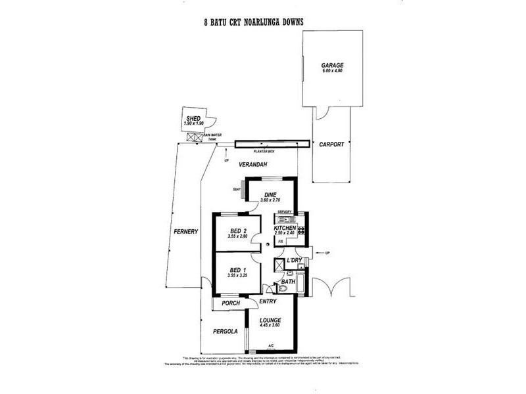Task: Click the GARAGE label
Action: click(333, 66)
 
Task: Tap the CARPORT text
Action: click(332, 144)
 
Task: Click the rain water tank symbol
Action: click(195, 137)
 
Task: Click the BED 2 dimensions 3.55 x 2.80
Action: click(238, 236)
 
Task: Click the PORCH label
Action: click(230, 303)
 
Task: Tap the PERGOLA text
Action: click(224, 332)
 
